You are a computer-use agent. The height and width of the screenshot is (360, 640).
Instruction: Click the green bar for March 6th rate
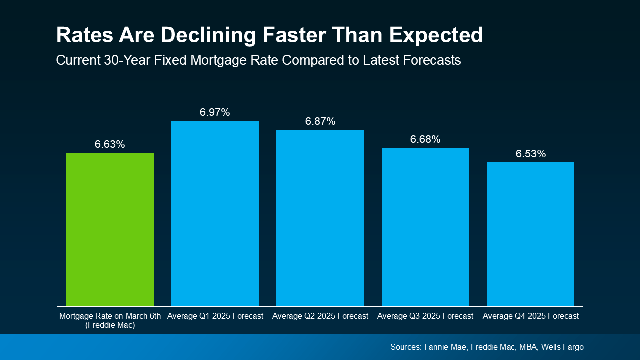tap(110, 229)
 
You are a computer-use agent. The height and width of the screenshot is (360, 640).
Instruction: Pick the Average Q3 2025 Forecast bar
tap(425, 227)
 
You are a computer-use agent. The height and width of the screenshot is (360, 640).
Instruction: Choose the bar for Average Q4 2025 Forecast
tap(530, 234)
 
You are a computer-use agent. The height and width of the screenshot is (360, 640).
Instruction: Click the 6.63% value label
tap(110, 145)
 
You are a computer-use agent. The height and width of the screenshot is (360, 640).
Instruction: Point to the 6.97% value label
tap(215, 113)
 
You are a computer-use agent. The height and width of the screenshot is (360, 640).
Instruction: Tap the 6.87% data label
tap(320, 122)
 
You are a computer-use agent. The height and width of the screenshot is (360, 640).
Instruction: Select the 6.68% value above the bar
tap(425, 140)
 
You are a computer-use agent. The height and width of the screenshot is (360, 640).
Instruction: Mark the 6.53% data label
tap(530, 154)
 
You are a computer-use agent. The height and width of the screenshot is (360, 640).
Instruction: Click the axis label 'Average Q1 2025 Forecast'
tap(215, 316)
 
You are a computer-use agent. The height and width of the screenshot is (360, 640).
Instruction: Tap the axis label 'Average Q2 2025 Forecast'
tap(320, 316)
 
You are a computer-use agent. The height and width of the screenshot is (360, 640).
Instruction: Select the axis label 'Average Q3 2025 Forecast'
tap(425, 316)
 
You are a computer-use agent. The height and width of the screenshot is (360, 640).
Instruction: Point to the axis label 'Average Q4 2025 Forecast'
tap(530, 316)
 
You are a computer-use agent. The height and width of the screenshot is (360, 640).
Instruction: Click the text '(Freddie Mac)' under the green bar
tap(110, 325)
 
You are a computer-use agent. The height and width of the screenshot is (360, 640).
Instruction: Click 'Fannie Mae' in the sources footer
tap(443, 347)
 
